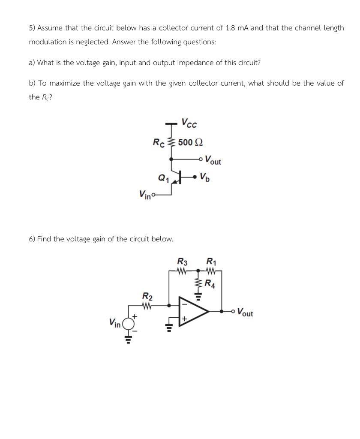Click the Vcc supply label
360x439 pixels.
click(189, 123)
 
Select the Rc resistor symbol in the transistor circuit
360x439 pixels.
click(172, 142)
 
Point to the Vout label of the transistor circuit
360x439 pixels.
click(213, 161)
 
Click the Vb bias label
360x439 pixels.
click(205, 176)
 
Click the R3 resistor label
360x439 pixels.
click(182, 261)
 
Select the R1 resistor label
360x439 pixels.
click(211, 261)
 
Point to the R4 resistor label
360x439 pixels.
click(210, 283)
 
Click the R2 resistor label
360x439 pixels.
click(147, 296)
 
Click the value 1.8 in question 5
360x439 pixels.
click(231, 28)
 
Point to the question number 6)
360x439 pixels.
click(32, 239)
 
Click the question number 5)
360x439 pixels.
click(32, 28)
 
